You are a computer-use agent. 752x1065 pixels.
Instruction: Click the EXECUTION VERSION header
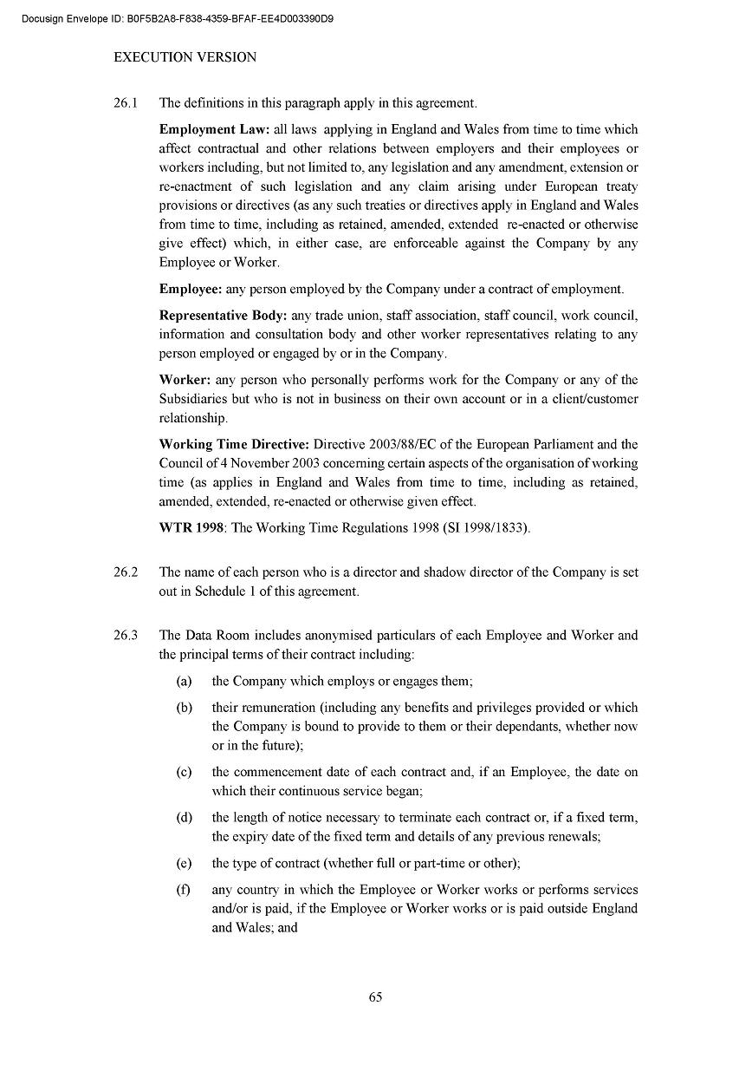click(x=185, y=58)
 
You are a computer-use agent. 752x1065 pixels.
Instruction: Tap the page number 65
click(x=376, y=996)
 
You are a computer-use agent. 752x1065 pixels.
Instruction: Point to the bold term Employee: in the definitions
click(x=191, y=290)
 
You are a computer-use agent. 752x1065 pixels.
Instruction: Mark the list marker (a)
click(x=184, y=682)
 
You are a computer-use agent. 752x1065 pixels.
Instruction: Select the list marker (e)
click(x=184, y=863)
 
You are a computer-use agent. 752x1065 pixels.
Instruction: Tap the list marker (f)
click(x=183, y=890)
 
